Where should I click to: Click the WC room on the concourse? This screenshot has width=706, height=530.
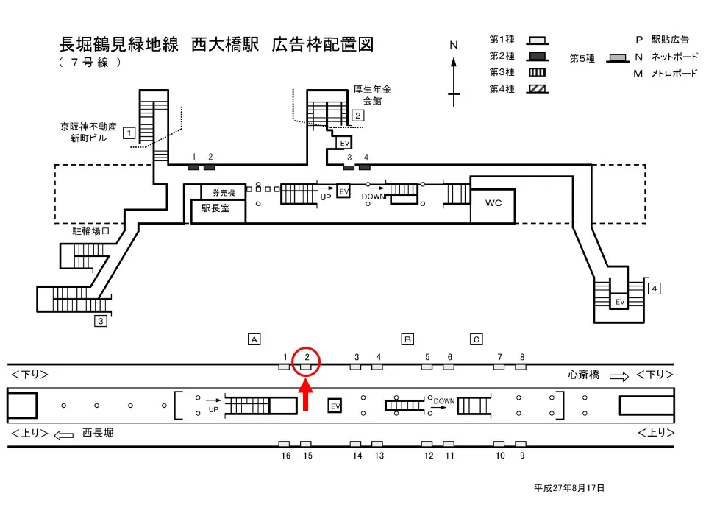(x=493, y=204)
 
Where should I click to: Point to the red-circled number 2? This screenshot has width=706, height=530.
(x=307, y=358)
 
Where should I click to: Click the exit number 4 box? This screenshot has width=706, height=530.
(x=655, y=289)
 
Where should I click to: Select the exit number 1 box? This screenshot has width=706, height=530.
(x=129, y=133)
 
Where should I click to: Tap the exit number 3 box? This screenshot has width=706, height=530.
(x=101, y=321)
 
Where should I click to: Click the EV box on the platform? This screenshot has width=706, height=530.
(x=335, y=406)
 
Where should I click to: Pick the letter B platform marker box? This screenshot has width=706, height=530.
(x=407, y=339)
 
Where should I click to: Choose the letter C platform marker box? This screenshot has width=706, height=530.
(x=477, y=339)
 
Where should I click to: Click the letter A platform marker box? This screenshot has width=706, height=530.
(x=254, y=339)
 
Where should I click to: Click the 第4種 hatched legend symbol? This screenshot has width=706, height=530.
(x=538, y=89)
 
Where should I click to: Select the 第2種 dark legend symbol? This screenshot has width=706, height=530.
(x=538, y=56)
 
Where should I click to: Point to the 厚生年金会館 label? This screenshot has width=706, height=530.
(x=372, y=95)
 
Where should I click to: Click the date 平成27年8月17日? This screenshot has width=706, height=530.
(x=569, y=487)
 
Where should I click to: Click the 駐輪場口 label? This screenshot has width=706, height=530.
(x=90, y=231)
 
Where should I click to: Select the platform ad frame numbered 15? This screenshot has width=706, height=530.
(x=307, y=444)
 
